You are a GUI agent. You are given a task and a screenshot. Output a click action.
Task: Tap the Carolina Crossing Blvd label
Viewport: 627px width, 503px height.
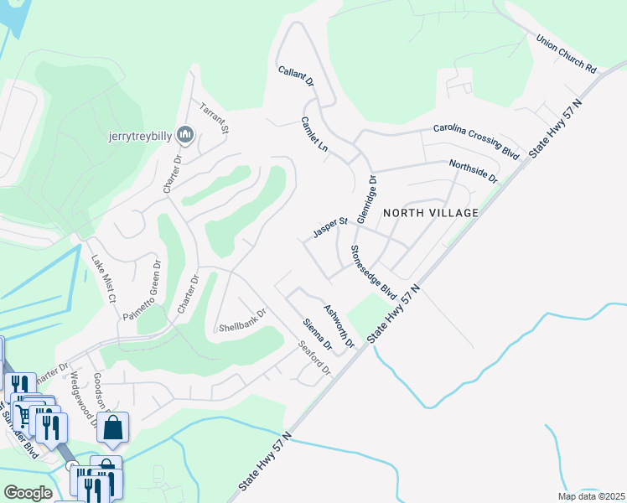click(x=476, y=141)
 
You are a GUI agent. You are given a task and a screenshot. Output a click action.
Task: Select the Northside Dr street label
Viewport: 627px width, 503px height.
click(x=474, y=172)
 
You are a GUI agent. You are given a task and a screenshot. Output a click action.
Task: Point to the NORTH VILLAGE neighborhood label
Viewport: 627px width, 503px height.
click(x=431, y=213)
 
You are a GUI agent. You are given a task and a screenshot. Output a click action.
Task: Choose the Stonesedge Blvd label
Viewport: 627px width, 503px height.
click(x=373, y=272)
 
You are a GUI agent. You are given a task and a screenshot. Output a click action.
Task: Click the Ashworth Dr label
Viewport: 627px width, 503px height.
click(x=339, y=326)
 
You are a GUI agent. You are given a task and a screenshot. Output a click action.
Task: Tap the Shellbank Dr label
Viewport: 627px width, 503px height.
click(x=241, y=319)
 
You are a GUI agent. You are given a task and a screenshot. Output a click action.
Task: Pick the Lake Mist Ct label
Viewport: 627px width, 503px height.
click(x=102, y=279)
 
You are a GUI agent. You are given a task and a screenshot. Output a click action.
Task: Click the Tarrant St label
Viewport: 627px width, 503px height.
click(x=213, y=118)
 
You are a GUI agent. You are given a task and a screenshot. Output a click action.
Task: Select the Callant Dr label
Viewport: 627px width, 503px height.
click(x=296, y=75)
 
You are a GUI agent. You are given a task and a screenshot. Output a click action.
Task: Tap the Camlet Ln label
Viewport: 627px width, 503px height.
click(x=313, y=133)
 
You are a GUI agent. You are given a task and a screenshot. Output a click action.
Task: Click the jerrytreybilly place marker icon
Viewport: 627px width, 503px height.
click(x=185, y=134)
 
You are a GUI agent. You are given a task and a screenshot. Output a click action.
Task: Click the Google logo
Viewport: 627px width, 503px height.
click(x=28, y=493)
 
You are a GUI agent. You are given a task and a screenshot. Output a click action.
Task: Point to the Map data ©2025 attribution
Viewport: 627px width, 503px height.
click(x=591, y=496)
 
